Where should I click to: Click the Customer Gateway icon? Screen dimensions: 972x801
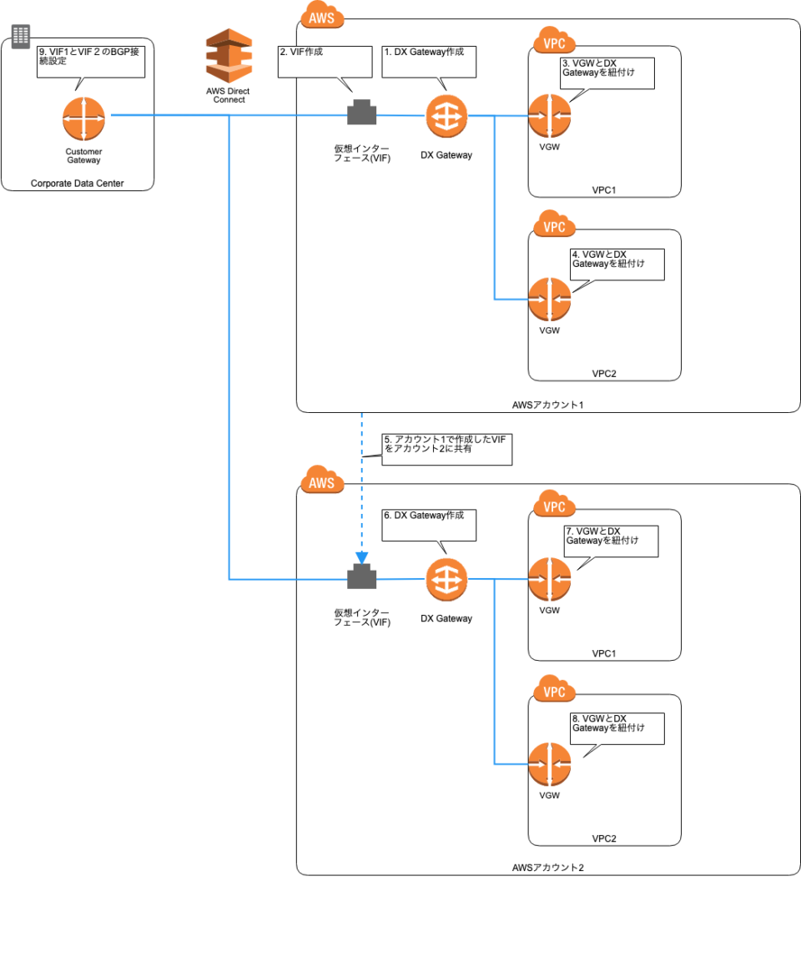click(x=83, y=119)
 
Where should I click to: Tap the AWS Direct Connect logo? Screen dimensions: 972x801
click(x=229, y=55)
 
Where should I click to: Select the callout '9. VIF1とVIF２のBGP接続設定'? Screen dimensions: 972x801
click(x=91, y=61)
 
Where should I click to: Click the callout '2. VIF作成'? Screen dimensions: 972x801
click(x=324, y=61)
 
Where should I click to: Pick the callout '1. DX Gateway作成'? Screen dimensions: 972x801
click(x=428, y=61)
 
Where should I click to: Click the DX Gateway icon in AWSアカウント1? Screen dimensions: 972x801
click(x=446, y=116)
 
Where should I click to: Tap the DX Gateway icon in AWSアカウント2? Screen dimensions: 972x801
click(x=446, y=579)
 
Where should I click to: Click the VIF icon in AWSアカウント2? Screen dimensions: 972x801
click(x=361, y=577)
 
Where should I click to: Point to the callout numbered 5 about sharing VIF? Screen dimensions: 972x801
click(x=446, y=449)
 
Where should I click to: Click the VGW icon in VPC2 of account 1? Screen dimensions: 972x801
click(x=549, y=300)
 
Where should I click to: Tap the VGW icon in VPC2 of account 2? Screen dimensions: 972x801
click(x=549, y=764)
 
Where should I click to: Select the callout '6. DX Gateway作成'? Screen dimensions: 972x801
click(x=428, y=525)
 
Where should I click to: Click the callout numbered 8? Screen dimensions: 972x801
click(x=617, y=728)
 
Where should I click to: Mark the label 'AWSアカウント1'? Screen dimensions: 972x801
click(x=548, y=405)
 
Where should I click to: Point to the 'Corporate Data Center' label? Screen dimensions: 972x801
click(x=77, y=184)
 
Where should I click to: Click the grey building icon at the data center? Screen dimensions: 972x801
click(x=20, y=35)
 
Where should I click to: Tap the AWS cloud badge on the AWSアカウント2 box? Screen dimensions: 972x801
click(x=321, y=482)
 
